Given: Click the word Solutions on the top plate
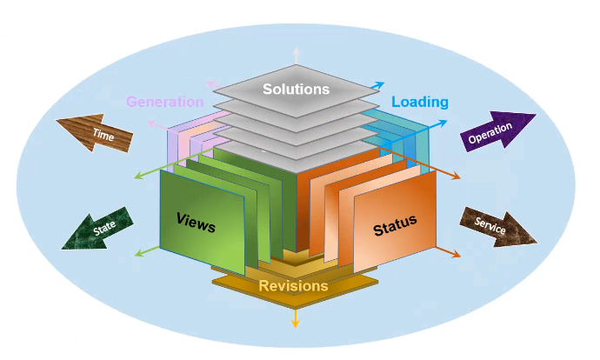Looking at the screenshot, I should tap(296, 89).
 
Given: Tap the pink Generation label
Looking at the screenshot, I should tap(164, 102).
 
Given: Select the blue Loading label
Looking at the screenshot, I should tap(419, 102).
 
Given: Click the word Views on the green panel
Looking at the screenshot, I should tap(196, 222).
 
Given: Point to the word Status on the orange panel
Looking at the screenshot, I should tap(395, 226).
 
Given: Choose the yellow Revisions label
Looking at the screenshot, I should tap(294, 285).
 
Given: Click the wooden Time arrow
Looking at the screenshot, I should tap(97, 133).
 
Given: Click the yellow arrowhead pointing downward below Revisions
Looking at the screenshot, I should tap(296, 323).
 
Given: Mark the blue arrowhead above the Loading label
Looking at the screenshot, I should tap(379, 84).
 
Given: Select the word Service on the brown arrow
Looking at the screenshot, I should tap(490, 223).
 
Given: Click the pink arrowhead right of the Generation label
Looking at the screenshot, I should tap(211, 84).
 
